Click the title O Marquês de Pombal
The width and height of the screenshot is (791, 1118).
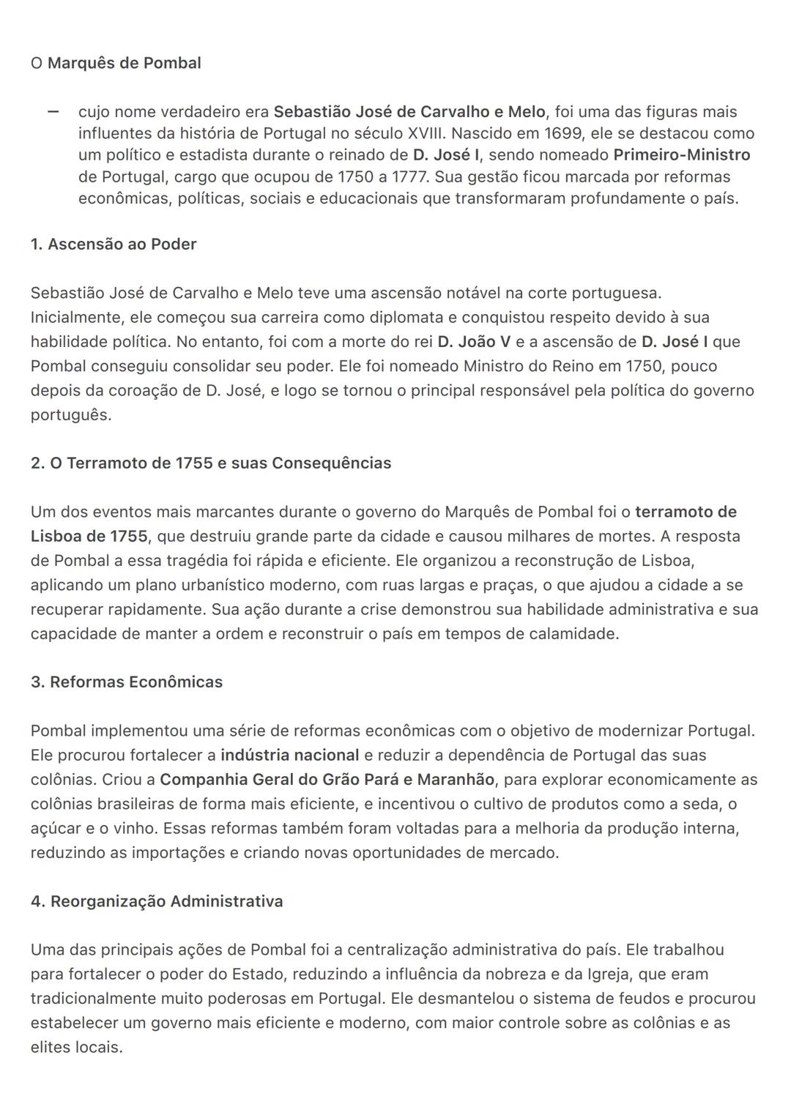click(x=116, y=63)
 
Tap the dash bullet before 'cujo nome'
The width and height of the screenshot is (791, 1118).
click(x=52, y=112)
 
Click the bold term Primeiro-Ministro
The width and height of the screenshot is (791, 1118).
click(x=681, y=155)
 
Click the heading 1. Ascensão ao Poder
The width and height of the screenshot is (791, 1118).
click(x=114, y=244)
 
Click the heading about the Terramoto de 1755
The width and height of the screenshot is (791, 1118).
click(x=211, y=463)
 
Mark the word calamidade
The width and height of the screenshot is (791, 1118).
click(x=573, y=633)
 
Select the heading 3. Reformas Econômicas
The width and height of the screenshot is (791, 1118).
click(x=127, y=682)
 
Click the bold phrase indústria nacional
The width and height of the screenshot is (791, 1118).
click(x=289, y=755)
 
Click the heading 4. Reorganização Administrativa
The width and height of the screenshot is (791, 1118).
click(x=157, y=901)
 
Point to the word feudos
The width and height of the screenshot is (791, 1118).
click(x=650, y=999)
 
